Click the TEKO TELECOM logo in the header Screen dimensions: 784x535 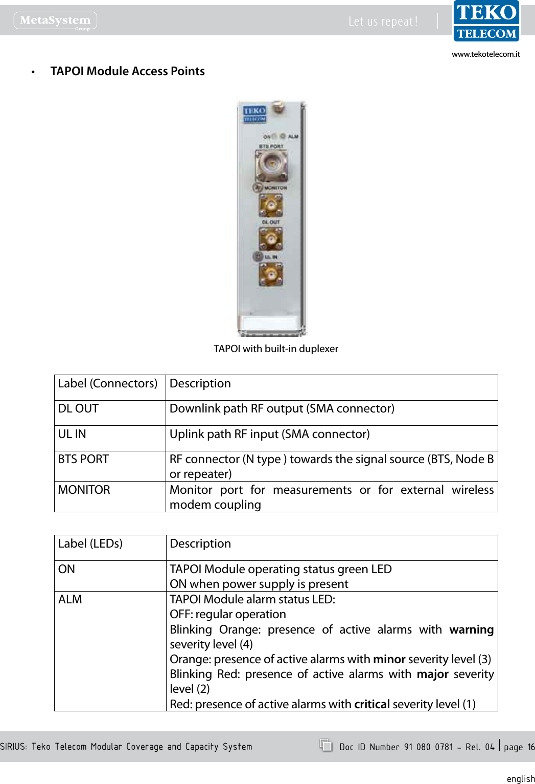pos(486,21)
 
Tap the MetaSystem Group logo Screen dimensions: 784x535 pos(55,21)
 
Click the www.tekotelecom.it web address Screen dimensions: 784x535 pos(485,54)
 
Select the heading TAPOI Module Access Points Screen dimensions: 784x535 pos(127,71)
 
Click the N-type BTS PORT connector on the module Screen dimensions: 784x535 pos(271,165)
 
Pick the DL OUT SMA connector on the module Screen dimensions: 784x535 pos(271,239)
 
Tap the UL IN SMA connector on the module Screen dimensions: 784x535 pos(271,274)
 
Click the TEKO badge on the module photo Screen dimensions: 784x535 pos(254,114)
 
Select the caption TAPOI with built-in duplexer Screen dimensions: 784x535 pos(276,349)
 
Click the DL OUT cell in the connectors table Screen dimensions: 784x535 pos(78,409)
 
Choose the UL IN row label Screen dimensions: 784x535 pos(72,434)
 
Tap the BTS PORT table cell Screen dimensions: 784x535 pos(83,460)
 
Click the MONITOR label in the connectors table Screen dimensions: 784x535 pos(84,490)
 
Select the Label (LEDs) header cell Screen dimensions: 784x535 pos(90,544)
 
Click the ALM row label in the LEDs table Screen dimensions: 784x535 pos(70,600)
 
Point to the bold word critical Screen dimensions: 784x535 pos(371,705)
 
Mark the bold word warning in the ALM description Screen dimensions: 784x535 pos(471,630)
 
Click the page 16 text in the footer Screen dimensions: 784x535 pos(519,747)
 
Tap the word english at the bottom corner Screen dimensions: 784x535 pos(520,779)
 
